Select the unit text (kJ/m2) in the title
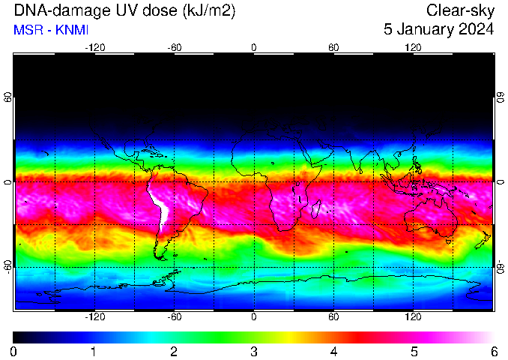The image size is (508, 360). click(x=209, y=11)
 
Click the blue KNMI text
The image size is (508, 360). click(x=72, y=30)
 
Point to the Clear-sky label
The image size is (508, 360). click(x=460, y=10)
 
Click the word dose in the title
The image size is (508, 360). click(x=162, y=10)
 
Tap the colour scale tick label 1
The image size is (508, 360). click(x=94, y=351)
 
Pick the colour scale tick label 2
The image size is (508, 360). click(x=174, y=351)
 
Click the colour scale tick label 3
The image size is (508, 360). click(x=254, y=351)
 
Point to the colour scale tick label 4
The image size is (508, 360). click(x=333, y=351)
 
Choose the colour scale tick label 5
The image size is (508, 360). click(x=414, y=351)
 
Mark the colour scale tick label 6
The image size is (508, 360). click(x=494, y=351)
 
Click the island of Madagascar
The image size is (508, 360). click(x=316, y=209)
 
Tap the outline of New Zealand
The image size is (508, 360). click(x=483, y=240)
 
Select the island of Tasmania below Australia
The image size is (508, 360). click(x=448, y=241)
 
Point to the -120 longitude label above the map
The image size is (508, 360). click(x=95, y=48)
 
